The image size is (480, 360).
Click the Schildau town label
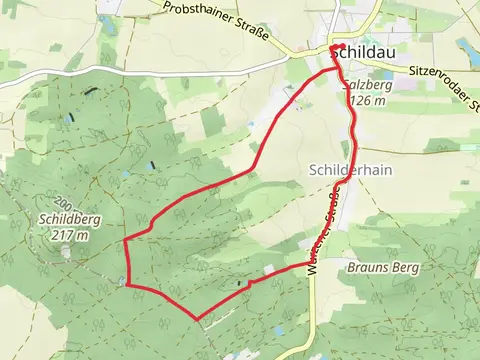tap(366, 50)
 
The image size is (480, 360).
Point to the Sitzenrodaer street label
tap(444, 72)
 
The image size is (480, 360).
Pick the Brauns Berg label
tap(383, 268)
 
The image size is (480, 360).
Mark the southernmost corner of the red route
tap(197, 320)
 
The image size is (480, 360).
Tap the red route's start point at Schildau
tap(332, 47)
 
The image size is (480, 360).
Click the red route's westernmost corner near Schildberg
tap(124, 240)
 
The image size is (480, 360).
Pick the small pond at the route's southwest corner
tap(122, 284)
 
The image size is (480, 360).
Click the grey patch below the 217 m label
tap(66, 252)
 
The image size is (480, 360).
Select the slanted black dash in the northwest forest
tap(91, 91)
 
